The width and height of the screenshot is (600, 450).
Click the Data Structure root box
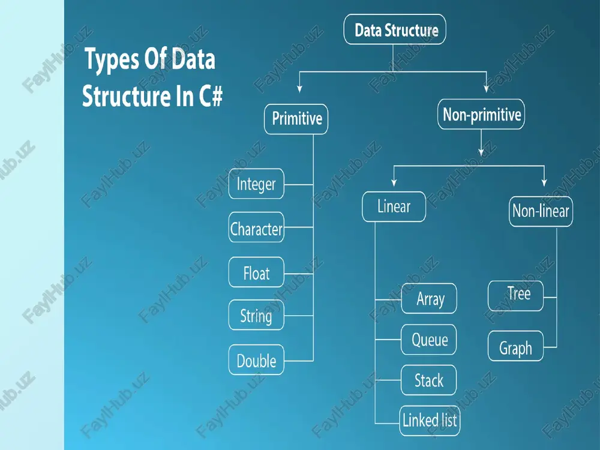(395, 29)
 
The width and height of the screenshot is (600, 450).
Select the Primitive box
(296, 119)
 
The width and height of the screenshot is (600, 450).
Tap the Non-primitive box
(481, 114)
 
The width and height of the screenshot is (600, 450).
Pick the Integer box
(256, 184)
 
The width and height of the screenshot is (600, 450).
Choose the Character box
(256, 227)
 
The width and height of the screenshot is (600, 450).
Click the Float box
(256, 272)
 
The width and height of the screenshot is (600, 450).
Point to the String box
(256, 315)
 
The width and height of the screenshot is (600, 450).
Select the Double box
(256, 359)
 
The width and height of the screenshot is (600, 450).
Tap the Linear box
(394, 206)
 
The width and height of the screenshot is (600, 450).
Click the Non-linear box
(541, 212)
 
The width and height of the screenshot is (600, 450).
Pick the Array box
(429, 298)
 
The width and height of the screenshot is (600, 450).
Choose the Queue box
(428, 340)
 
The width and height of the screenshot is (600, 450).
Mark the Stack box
(428, 380)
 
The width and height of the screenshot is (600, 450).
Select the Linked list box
(430, 421)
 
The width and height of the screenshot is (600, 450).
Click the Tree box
(516, 296)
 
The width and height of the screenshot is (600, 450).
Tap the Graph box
(516, 346)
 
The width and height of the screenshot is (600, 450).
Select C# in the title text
(211, 96)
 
